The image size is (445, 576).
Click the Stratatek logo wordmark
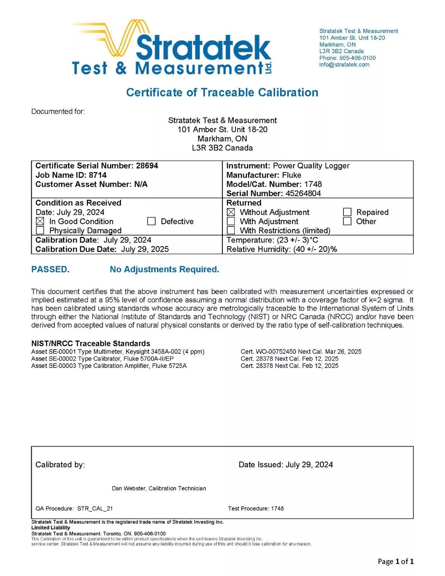point(204,47)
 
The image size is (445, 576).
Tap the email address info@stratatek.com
point(344,65)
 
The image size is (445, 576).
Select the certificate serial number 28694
point(147,166)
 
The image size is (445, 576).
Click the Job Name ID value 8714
point(98,175)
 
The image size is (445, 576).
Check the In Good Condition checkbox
point(40,221)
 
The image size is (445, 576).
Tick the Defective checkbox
point(151,221)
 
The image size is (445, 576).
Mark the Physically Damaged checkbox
point(40,231)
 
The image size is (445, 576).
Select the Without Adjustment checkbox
point(231,212)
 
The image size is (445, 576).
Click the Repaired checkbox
point(347,212)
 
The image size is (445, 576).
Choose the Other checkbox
point(347,221)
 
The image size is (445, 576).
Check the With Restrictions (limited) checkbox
point(231,231)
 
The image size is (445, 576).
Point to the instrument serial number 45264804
point(303,193)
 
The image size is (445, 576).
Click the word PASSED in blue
point(50,270)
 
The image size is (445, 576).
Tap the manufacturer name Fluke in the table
point(291,175)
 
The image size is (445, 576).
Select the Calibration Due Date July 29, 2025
point(145,249)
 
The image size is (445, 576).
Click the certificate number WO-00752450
point(276,352)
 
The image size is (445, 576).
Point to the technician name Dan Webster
point(129,488)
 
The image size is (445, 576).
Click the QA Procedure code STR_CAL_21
point(95,508)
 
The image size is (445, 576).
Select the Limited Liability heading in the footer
point(50,528)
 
